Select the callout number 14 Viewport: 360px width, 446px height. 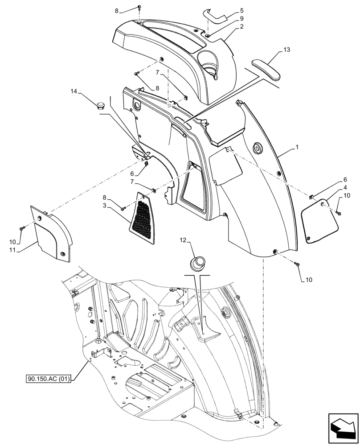74,91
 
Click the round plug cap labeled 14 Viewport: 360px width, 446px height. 100,106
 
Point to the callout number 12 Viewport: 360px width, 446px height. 183,241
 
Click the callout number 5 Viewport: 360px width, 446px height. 241,10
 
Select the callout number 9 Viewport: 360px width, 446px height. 241,18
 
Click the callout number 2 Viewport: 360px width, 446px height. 241,27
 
